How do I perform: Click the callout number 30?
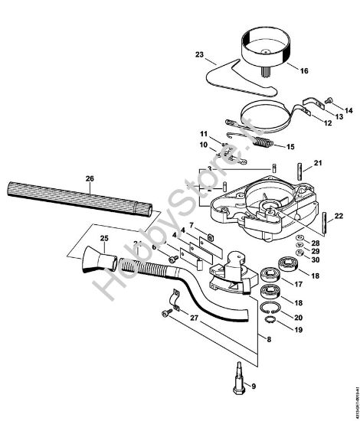[316, 260]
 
